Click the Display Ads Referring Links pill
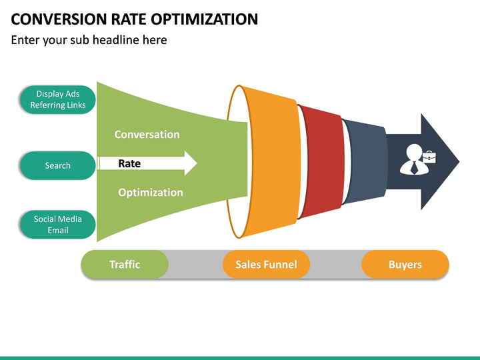tap(57, 99)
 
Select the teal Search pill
tap(57, 165)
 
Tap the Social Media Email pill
tap(57, 225)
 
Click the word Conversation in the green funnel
tap(147, 135)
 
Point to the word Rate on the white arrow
tap(129, 163)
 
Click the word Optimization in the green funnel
tap(150, 193)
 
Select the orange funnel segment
tap(270, 162)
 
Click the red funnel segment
tap(321, 162)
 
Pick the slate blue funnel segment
tap(365, 162)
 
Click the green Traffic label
tap(125, 265)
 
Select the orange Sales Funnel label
tap(266, 265)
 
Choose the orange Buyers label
tap(405, 265)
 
